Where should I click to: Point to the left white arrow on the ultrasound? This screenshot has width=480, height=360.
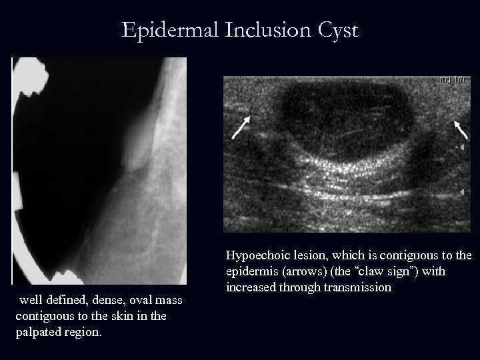tap(241, 127)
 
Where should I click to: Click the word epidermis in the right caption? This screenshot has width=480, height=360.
tap(251, 272)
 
